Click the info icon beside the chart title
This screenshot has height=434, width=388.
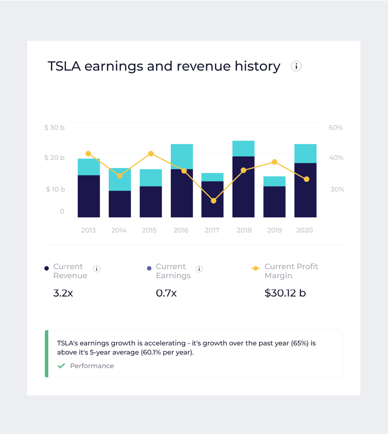(296, 66)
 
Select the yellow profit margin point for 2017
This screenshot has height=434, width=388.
(213, 201)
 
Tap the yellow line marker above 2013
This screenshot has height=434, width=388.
(88, 154)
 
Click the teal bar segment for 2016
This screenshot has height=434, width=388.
(182, 157)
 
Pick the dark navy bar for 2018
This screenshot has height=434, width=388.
(243, 187)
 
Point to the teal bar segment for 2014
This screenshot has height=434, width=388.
(120, 179)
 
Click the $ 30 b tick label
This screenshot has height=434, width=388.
(54, 128)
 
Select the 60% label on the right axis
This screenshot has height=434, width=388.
(336, 128)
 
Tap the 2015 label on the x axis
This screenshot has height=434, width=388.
(149, 230)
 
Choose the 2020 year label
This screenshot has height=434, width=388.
(304, 230)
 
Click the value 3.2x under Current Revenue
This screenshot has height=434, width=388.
(63, 293)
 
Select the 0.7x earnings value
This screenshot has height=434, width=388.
(166, 293)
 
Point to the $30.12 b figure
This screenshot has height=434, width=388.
(285, 293)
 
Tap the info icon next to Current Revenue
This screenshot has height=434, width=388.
(97, 269)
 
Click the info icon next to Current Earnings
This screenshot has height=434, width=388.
(199, 269)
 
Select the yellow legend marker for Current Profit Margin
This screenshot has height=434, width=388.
(256, 268)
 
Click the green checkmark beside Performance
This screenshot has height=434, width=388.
(61, 366)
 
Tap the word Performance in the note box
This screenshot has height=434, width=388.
(92, 366)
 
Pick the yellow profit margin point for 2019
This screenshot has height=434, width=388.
(274, 162)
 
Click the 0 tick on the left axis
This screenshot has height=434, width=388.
(62, 211)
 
